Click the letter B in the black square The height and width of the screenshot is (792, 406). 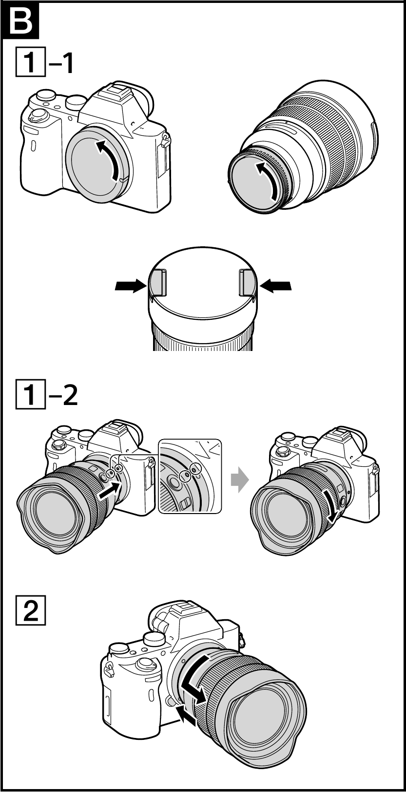click(x=20, y=21)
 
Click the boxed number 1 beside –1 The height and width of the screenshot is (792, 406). click(x=30, y=61)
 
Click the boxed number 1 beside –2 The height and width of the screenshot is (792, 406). click(x=30, y=394)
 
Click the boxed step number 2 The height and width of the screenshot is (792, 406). click(x=30, y=610)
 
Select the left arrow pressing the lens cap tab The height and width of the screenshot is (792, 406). click(x=131, y=285)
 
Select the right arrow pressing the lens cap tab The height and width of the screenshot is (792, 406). click(x=276, y=285)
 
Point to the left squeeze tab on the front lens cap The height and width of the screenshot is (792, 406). click(x=157, y=282)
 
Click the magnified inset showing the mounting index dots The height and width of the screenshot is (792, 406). click(x=190, y=476)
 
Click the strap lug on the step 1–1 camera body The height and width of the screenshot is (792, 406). click(x=165, y=140)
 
